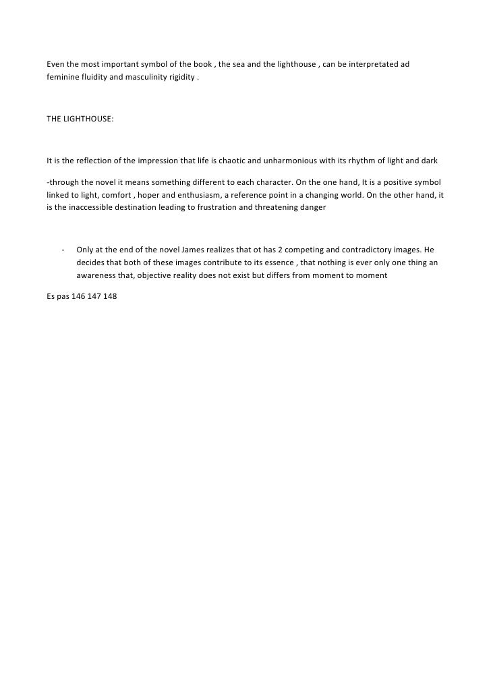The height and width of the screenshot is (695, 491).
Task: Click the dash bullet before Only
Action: (63, 250)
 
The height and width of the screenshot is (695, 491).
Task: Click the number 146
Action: (78, 296)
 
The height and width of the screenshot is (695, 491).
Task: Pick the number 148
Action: (109, 296)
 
